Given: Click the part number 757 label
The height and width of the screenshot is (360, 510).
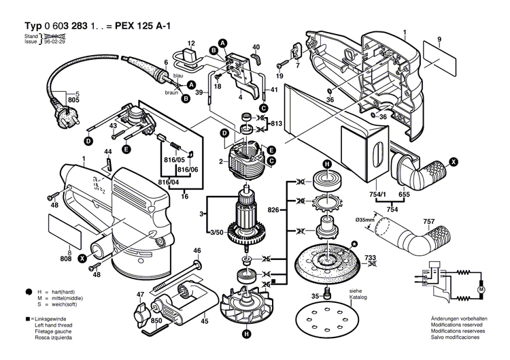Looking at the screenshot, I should (x=448, y=221).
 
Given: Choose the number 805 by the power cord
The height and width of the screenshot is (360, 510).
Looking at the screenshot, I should (x=73, y=100).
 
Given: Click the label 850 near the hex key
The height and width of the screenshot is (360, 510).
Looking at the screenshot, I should (x=156, y=321).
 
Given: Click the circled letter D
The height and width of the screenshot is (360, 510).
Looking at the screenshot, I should (x=88, y=142).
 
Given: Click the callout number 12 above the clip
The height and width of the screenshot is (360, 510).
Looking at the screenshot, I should (x=191, y=43).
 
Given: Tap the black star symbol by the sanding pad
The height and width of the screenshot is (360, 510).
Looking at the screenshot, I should (x=354, y=244).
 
